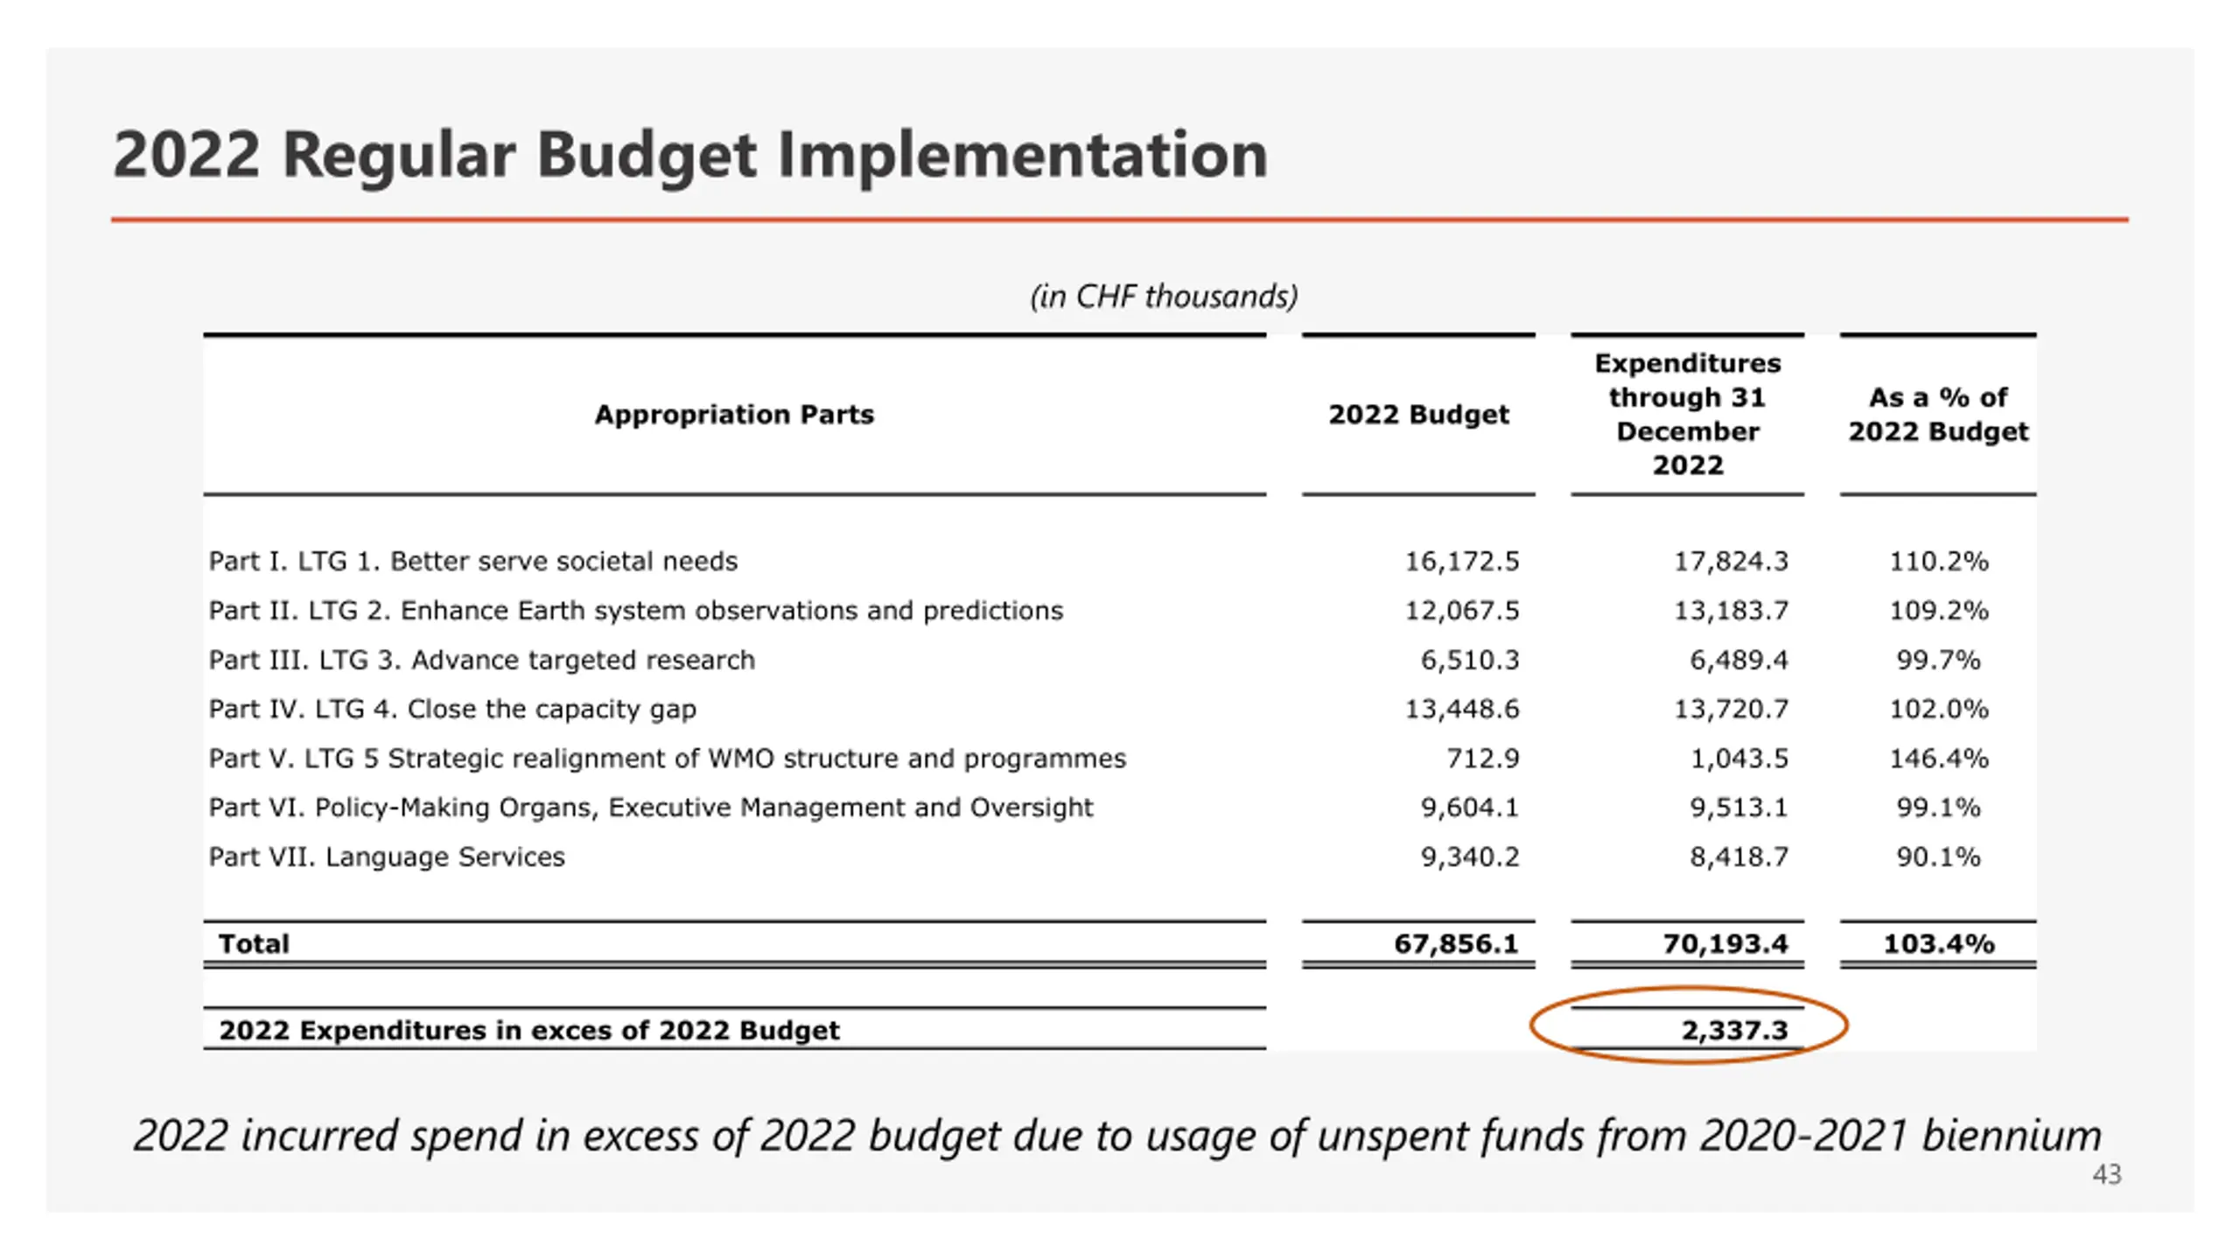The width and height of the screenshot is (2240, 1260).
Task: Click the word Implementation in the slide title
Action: click(x=1022, y=155)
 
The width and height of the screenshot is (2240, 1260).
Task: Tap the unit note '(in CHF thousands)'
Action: click(x=1164, y=297)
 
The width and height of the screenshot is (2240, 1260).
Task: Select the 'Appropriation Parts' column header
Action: click(x=734, y=414)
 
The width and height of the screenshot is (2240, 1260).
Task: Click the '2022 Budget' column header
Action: click(x=1418, y=414)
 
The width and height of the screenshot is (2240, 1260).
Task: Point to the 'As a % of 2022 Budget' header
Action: click(x=1938, y=414)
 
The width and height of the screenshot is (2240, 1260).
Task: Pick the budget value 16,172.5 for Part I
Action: click(x=1462, y=561)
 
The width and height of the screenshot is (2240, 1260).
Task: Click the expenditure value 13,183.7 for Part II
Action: click(x=1731, y=610)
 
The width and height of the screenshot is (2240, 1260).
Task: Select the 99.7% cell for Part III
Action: click(x=1938, y=660)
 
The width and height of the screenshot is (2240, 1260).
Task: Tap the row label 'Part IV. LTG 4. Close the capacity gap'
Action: click(x=452, y=709)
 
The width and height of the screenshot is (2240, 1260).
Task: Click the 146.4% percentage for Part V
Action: click(x=1938, y=758)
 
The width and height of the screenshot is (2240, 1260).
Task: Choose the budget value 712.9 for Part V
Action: click(x=1482, y=758)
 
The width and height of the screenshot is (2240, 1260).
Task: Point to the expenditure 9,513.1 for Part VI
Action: click(x=1739, y=807)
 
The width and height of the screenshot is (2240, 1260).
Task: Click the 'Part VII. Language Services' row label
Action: click(x=387, y=857)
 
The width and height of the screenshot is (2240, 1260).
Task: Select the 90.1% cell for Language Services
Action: click(x=1938, y=857)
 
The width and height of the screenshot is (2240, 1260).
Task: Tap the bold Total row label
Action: click(x=254, y=943)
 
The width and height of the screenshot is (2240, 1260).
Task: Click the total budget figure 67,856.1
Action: click(x=1456, y=943)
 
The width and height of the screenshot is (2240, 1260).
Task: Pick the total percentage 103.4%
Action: click(x=1938, y=943)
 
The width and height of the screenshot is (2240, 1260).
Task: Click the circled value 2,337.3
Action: click(x=1734, y=1030)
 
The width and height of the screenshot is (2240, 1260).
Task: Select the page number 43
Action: click(x=2107, y=1174)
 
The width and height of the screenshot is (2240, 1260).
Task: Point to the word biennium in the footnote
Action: click(x=2011, y=1136)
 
